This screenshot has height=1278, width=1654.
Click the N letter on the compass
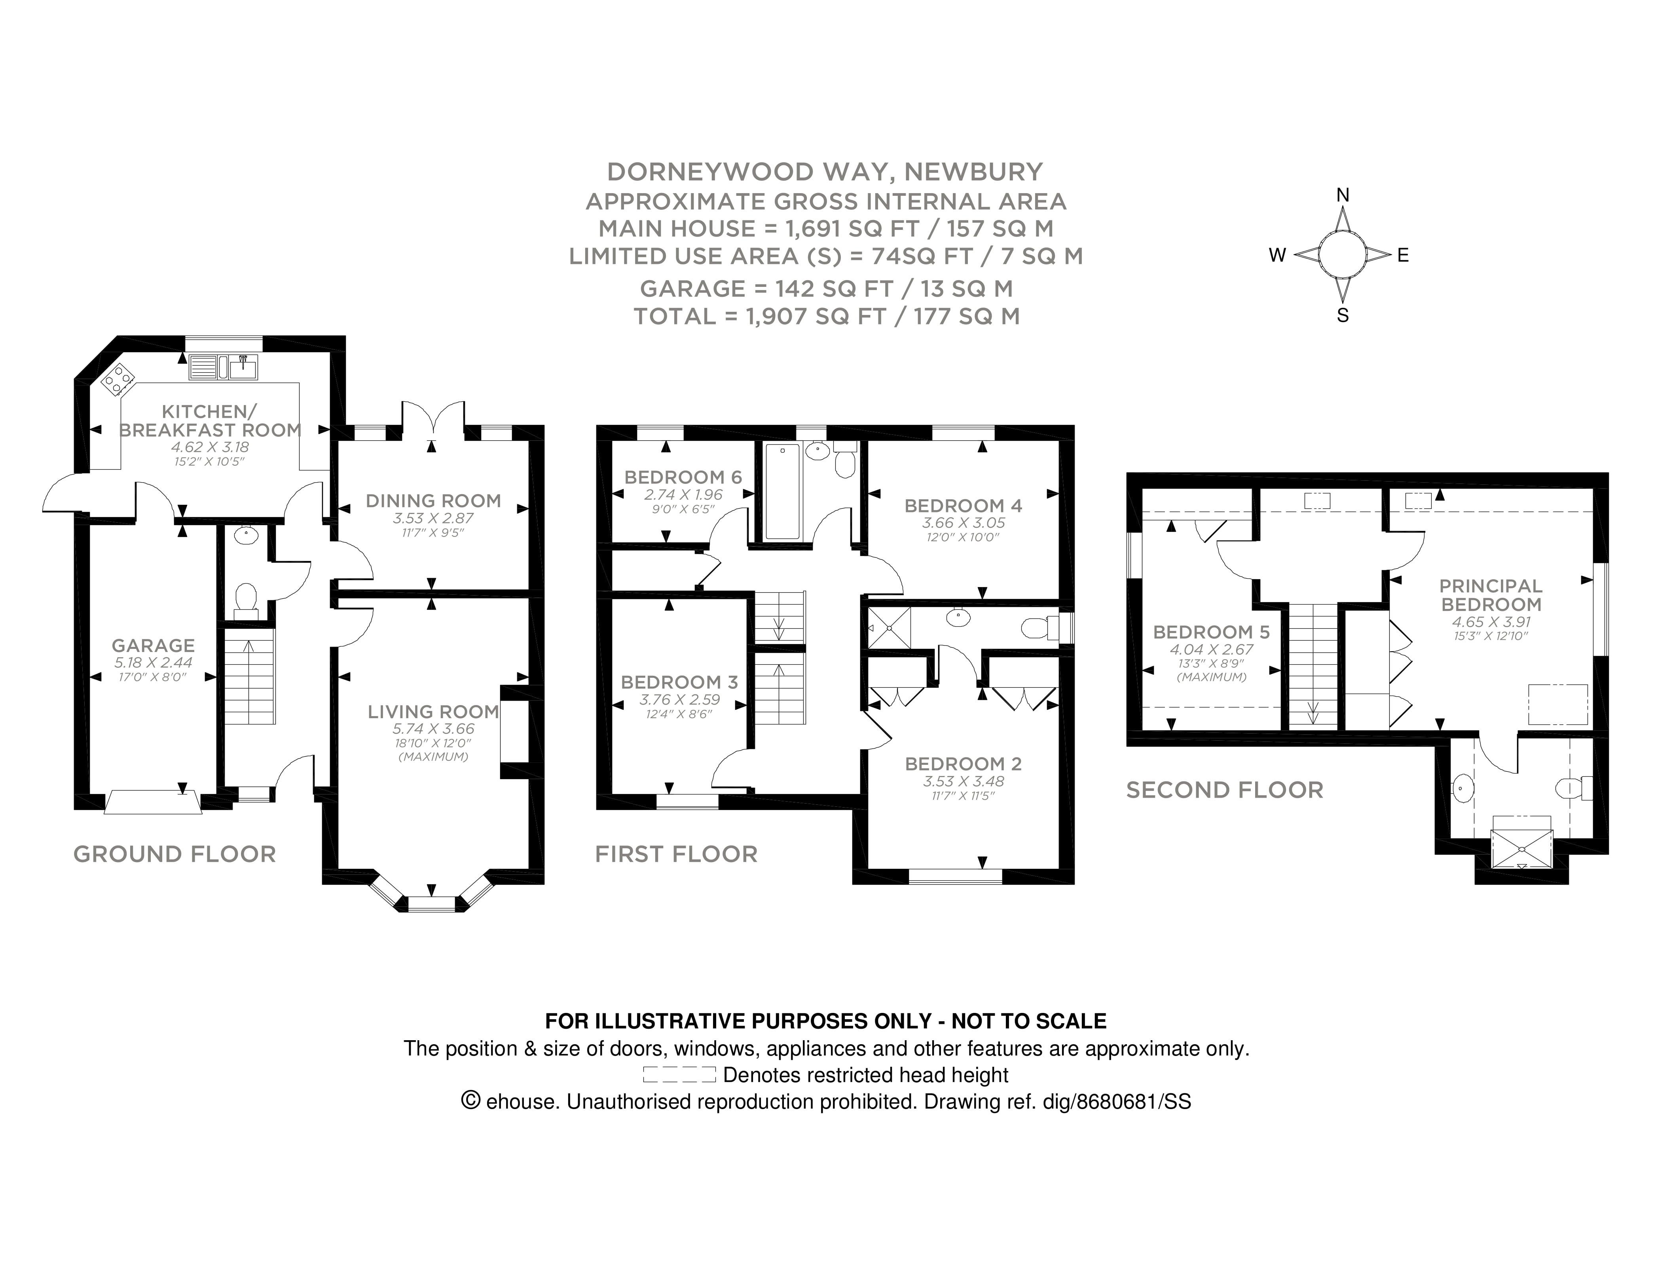pos(1343,195)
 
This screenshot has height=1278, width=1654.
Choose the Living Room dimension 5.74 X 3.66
pos(433,729)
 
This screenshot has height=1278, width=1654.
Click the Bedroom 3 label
pos(679,682)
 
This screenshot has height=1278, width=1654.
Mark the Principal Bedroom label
pos(1491,595)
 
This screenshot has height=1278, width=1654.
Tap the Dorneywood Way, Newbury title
pos(825,172)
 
